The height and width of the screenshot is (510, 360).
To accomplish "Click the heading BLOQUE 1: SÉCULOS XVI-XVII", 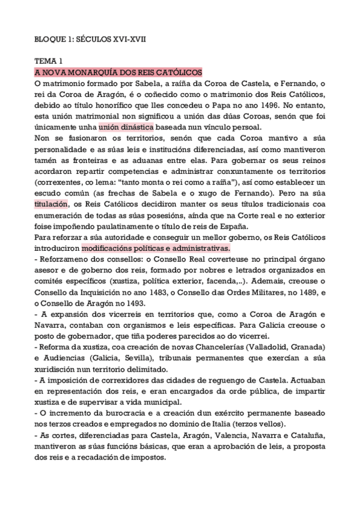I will (89, 39).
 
